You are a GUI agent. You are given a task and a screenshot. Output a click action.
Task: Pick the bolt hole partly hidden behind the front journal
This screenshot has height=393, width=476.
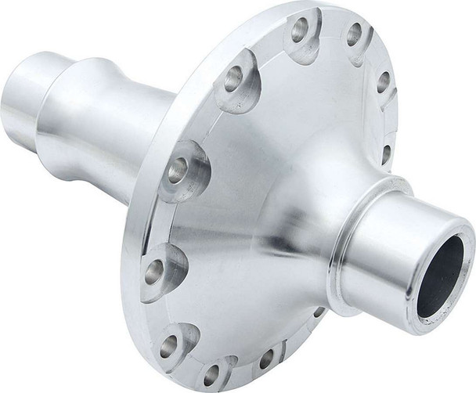coord(319,312)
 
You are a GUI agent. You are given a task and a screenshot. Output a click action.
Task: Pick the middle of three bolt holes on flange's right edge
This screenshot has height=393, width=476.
coord(384,81)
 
